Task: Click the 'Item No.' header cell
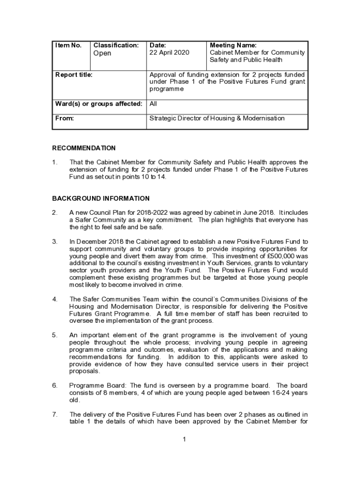tap(68, 45)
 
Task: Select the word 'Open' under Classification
tap(102, 53)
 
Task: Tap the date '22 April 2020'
tap(169, 53)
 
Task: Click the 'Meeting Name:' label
tap(233, 45)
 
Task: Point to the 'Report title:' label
tap(74, 74)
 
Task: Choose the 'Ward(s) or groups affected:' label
tap(99, 104)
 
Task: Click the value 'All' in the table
tap(153, 104)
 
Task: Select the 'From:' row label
tap(65, 118)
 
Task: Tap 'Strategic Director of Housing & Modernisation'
tap(216, 118)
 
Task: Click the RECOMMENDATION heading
tap(84, 148)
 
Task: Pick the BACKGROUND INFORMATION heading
tap(101, 198)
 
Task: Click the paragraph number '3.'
tap(55, 242)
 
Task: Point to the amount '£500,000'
tap(287, 256)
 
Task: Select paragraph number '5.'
tap(55, 335)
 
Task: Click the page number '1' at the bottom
tap(185, 439)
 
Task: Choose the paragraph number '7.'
tap(55, 414)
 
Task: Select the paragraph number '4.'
tap(55, 299)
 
